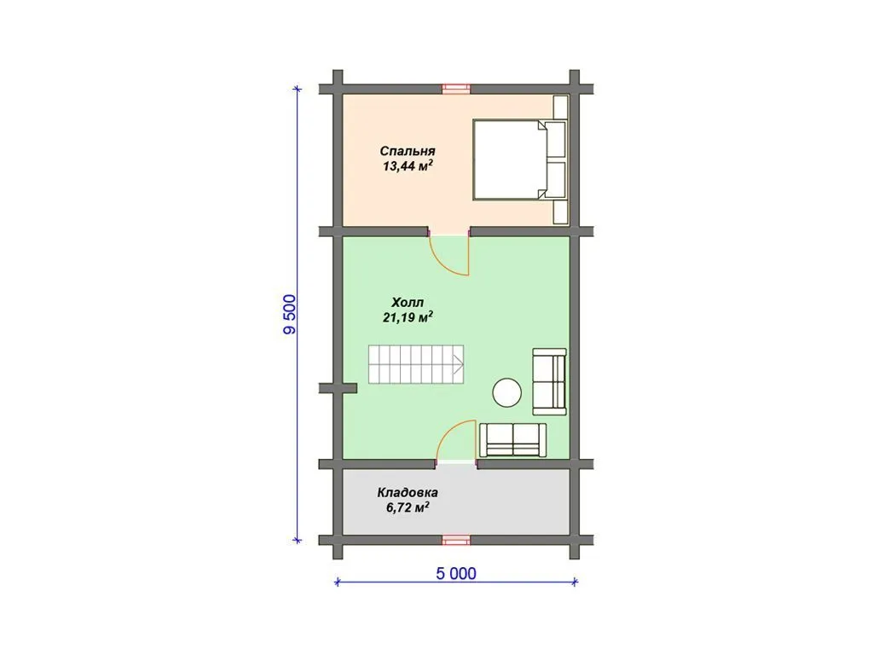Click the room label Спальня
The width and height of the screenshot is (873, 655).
pos(408,151)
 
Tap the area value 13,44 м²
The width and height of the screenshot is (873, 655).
pos(408,165)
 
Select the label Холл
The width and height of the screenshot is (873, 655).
pos(408,303)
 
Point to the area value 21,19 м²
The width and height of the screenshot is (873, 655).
pos(408,317)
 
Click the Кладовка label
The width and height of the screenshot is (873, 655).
pos(408,492)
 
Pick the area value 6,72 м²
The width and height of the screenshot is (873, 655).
pos(408,507)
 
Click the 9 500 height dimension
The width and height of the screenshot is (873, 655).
pos(290,314)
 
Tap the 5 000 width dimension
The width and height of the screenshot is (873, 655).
pos(456,574)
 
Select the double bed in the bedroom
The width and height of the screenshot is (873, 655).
pos(519,159)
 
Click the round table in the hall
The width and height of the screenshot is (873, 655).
pos(507,392)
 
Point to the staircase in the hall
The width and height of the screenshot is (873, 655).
pos(416,364)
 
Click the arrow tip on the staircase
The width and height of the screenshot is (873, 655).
pos(463,365)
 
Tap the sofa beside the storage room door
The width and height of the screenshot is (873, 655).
pos(512,440)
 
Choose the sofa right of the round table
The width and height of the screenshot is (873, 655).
pos(550,381)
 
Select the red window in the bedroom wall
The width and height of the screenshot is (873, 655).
pos(456,89)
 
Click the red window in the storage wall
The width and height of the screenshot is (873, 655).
pos(456,540)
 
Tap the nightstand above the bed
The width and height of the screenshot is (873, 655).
pos(560,107)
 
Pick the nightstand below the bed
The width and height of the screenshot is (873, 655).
pos(560,212)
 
